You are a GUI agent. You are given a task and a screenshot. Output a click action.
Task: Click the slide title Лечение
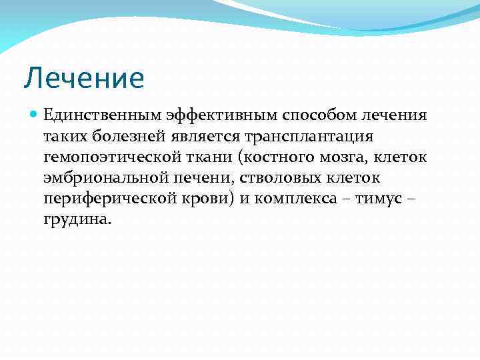pyautogui.click(x=83, y=79)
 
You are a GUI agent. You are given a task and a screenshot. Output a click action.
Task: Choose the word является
pyautogui.click(x=203, y=137)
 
